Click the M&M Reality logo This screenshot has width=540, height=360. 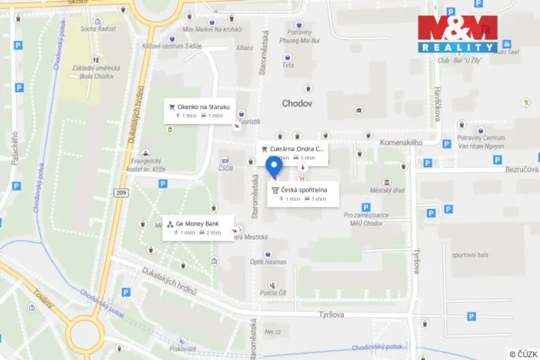coord(457,34)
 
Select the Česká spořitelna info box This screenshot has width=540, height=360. coord(303,193)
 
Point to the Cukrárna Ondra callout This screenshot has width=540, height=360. coord(292,152)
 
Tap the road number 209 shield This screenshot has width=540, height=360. coord(121,191)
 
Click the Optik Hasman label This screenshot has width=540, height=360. coord(268,263)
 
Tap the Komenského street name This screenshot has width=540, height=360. coord(402,142)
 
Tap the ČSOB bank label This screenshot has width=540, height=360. coord(225,168)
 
